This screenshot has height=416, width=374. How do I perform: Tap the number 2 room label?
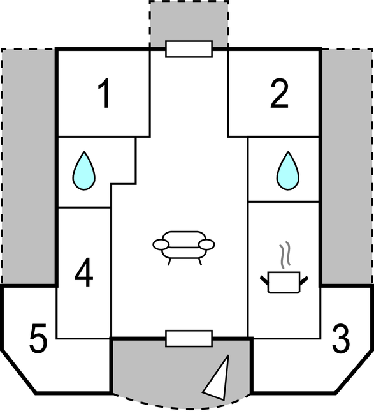(x=279, y=93)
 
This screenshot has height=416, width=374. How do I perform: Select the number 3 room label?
(x=341, y=338)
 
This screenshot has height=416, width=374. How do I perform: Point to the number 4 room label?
(x=83, y=272)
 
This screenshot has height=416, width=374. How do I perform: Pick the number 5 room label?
(x=38, y=338)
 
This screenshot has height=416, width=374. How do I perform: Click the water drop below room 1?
(x=84, y=171)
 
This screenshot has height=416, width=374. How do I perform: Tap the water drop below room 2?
(x=288, y=171)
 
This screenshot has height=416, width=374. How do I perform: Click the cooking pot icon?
(x=284, y=283)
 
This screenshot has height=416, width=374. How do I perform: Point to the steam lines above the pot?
(x=285, y=254)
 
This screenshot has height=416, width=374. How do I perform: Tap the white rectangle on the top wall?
(x=189, y=49)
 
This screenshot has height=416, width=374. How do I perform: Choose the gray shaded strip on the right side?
(x=347, y=167)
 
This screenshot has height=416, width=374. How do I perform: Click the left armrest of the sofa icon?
(x=161, y=244)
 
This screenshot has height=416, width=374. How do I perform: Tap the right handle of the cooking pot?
(x=304, y=281)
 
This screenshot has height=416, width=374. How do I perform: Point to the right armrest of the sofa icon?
(x=206, y=244)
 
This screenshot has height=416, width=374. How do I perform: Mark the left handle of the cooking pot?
(x=264, y=281)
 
